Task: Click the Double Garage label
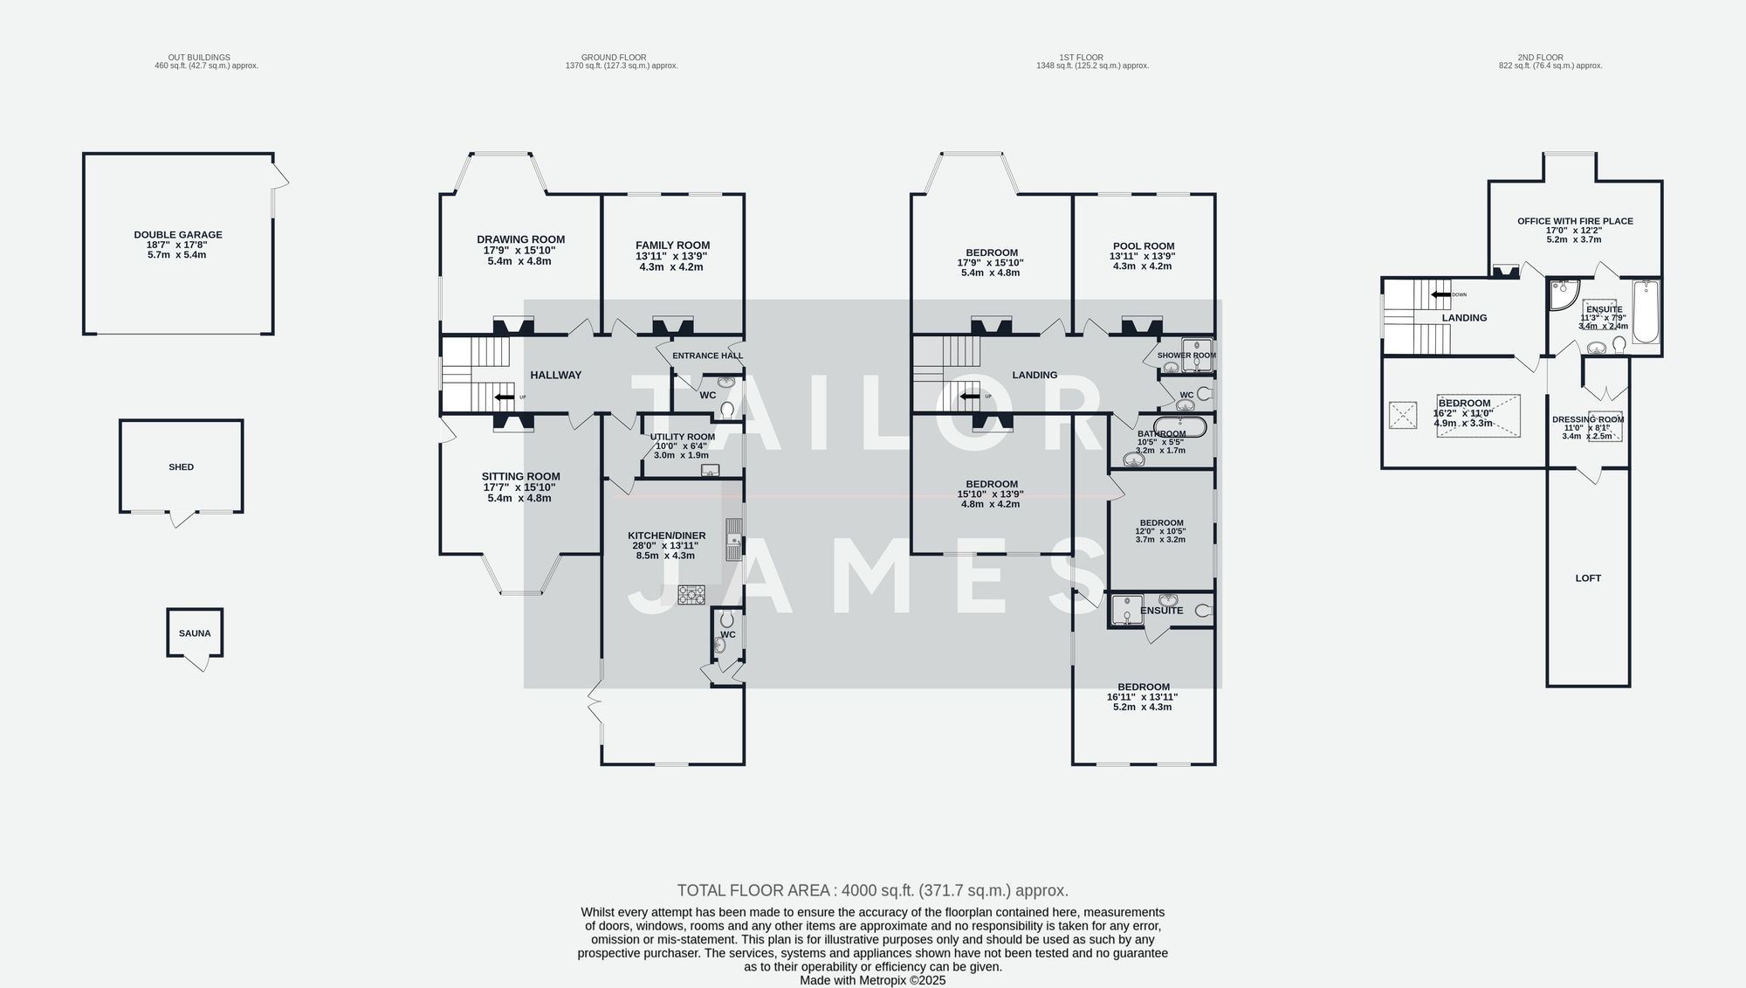178,234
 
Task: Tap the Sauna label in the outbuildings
195,633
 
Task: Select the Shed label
182,467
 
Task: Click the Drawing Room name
520,239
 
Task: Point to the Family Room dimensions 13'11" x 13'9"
671,256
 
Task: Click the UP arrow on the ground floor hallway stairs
504,397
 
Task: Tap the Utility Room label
682,437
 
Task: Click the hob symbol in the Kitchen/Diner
691,595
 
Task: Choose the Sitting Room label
520,477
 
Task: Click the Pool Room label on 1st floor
1143,246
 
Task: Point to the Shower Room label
1186,356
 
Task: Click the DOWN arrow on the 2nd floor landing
1440,294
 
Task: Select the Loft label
1588,578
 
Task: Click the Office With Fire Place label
1575,222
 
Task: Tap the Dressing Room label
1587,419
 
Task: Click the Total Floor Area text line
872,891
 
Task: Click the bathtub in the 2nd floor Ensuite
1645,312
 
